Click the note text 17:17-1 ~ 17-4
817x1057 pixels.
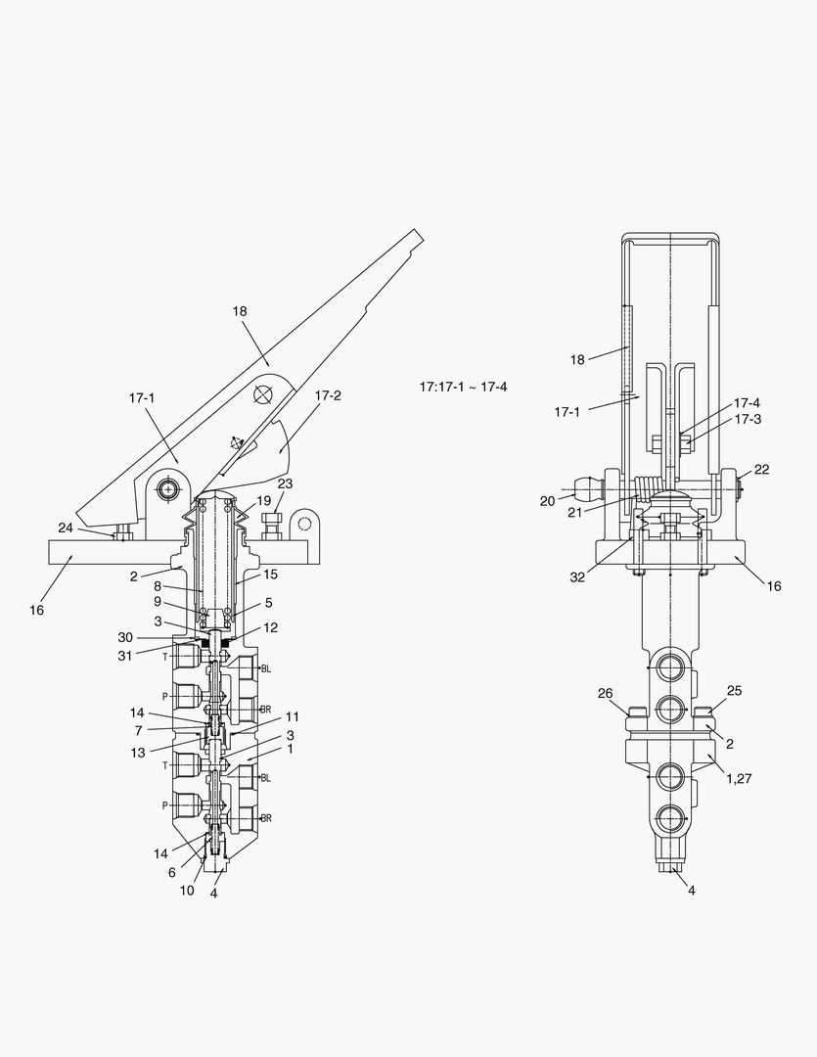[463, 387]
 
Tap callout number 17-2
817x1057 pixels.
[328, 395]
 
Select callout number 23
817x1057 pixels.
[285, 484]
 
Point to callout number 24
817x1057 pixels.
[66, 528]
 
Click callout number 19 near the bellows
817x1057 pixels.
[263, 501]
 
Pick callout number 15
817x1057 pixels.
[270, 574]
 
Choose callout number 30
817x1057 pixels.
[125, 638]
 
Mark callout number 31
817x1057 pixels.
[125, 655]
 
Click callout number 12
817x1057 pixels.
[270, 627]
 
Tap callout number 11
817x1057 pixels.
[292, 716]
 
